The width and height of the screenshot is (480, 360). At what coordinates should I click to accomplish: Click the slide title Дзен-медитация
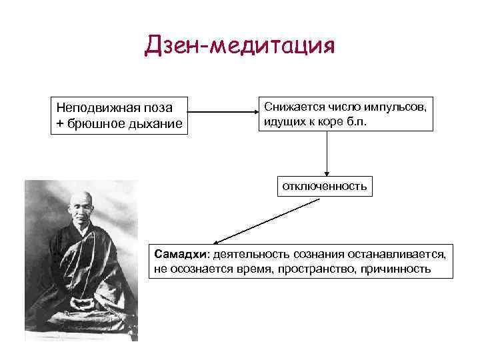(x=239, y=46)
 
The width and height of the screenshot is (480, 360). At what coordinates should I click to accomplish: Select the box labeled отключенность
(x=325, y=186)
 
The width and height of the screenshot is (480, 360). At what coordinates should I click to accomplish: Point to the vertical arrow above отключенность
(x=327, y=153)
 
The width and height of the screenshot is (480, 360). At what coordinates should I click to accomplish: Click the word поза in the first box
(x=159, y=108)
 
